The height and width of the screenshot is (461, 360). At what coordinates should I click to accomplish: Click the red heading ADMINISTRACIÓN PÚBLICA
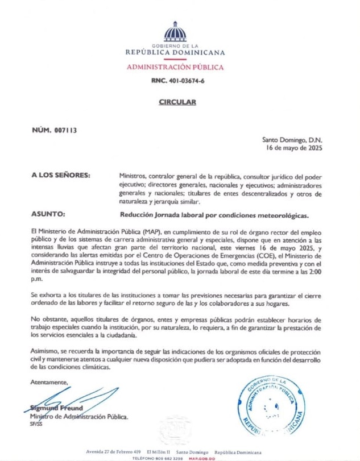tap(175, 67)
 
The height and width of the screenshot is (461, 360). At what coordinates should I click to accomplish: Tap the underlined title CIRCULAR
tap(177, 102)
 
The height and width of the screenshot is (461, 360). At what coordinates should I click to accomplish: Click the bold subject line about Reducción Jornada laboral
tap(214, 216)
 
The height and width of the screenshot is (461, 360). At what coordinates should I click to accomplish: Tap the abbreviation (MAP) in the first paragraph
tap(119, 233)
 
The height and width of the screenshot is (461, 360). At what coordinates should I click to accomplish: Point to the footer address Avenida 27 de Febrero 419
tap(113, 451)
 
